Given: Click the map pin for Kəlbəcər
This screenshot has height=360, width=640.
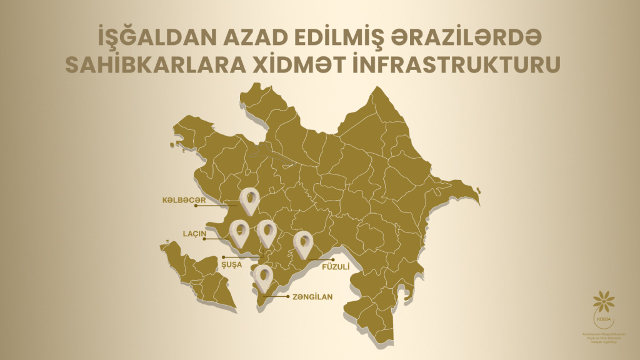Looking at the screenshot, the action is [250, 201].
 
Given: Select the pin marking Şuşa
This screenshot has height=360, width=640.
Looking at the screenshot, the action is [267, 232].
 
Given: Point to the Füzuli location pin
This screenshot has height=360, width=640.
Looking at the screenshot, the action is [303, 243].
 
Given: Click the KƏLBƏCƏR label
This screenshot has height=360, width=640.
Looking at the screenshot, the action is [182, 201].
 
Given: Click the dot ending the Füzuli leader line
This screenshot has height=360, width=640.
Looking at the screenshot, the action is [334, 259].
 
